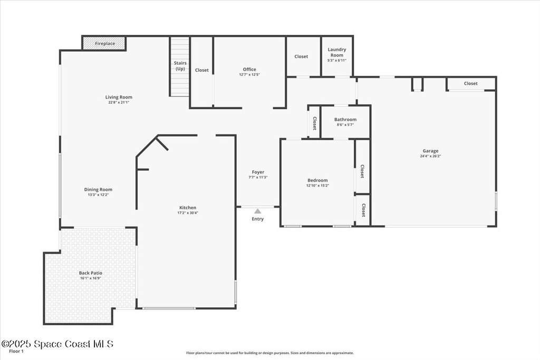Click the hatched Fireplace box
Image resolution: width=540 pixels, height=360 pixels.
pyautogui.click(x=105, y=43)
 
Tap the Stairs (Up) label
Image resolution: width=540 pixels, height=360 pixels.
pyautogui.click(x=180, y=66)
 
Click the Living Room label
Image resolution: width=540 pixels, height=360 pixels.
pyautogui.click(x=119, y=97)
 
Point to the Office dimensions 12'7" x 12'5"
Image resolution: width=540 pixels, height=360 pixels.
pyautogui.click(x=249, y=74)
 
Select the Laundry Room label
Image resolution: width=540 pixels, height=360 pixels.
pyautogui.click(x=337, y=52)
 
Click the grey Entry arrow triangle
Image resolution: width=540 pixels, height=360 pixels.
pyautogui.click(x=257, y=211)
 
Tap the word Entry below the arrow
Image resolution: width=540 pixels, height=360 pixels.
pyautogui.click(x=257, y=219)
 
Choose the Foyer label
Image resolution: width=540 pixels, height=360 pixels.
pyautogui.click(x=258, y=172)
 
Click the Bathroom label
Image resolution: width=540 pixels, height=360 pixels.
pyautogui.click(x=345, y=120)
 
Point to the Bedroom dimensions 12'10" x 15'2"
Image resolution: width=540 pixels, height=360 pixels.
pyautogui.click(x=317, y=186)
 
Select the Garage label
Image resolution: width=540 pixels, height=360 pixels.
pyautogui.click(x=430, y=151)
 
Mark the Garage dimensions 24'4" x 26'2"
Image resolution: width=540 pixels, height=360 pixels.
pyautogui.click(x=430, y=156)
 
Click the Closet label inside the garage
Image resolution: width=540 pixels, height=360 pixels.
pyautogui.click(x=470, y=83)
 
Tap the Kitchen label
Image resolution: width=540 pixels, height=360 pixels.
pyautogui.click(x=188, y=208)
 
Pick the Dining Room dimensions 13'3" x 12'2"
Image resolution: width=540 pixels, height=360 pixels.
pyautogui.click(x=98, y=195)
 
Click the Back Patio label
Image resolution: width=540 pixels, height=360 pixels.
pyautogui.click(x=91, y=273)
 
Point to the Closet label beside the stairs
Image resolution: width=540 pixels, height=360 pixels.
pyautogui.click(x=202, y=70)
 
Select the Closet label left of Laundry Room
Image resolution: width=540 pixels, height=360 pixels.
pyautogui.click(x=301, y=56)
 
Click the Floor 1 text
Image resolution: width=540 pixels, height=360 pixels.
pyautogui.click(x=16, y=352)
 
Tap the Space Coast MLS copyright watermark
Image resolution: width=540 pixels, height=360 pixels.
pyautogui.click(x=57, y=344)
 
